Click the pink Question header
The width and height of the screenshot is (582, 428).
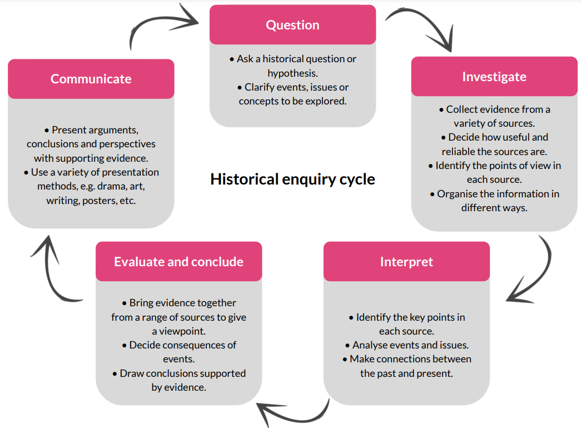(292, 25)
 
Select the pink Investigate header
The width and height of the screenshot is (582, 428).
(494, 77)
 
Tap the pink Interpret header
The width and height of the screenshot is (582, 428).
(406, 262)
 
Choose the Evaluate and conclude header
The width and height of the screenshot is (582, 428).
(178, 262)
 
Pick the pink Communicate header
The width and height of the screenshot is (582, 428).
(91, 79)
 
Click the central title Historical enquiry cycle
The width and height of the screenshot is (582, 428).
(292, 180)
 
